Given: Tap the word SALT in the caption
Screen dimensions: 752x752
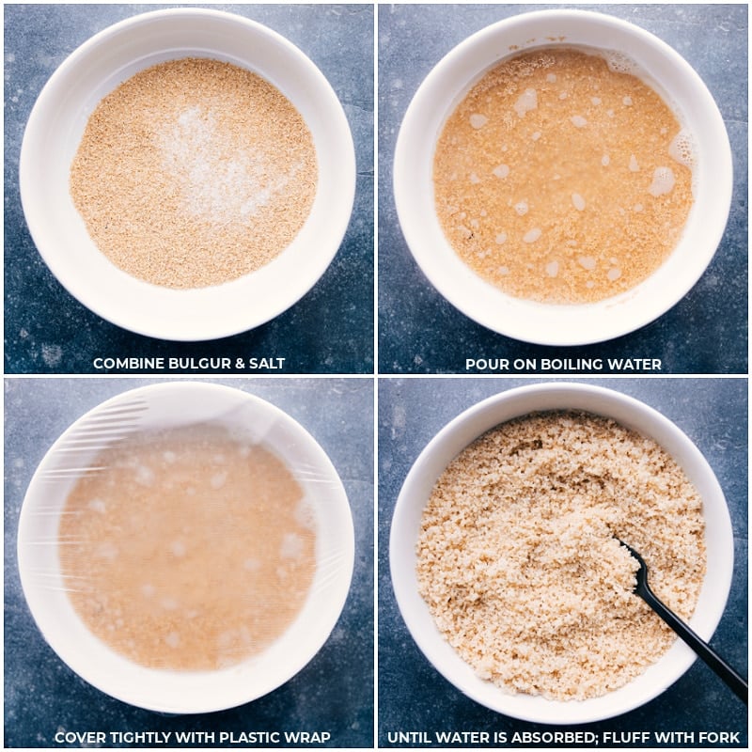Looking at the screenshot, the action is pos(267,364).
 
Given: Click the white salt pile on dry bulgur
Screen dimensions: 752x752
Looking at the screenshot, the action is pos(211,158).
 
